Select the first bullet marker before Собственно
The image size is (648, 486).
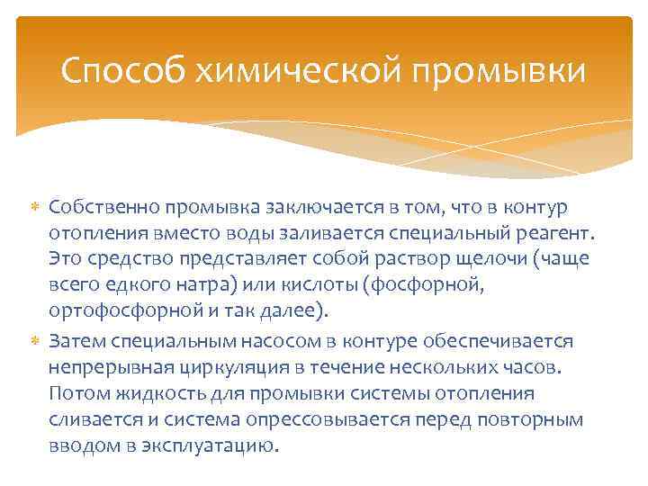point(37,209)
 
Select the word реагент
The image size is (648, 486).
point(556,234)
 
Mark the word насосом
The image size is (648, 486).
point(255,342)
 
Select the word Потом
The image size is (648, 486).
point(77,394)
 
